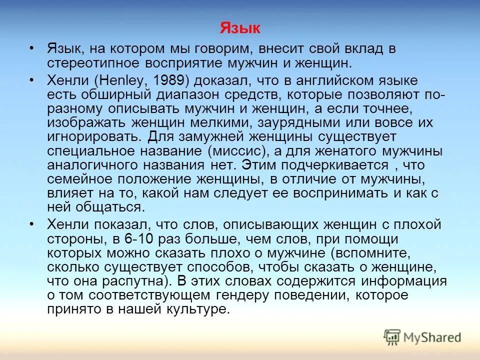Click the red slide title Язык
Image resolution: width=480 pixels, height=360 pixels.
coord(240,28)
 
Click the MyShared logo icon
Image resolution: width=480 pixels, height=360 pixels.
coord(392,336)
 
